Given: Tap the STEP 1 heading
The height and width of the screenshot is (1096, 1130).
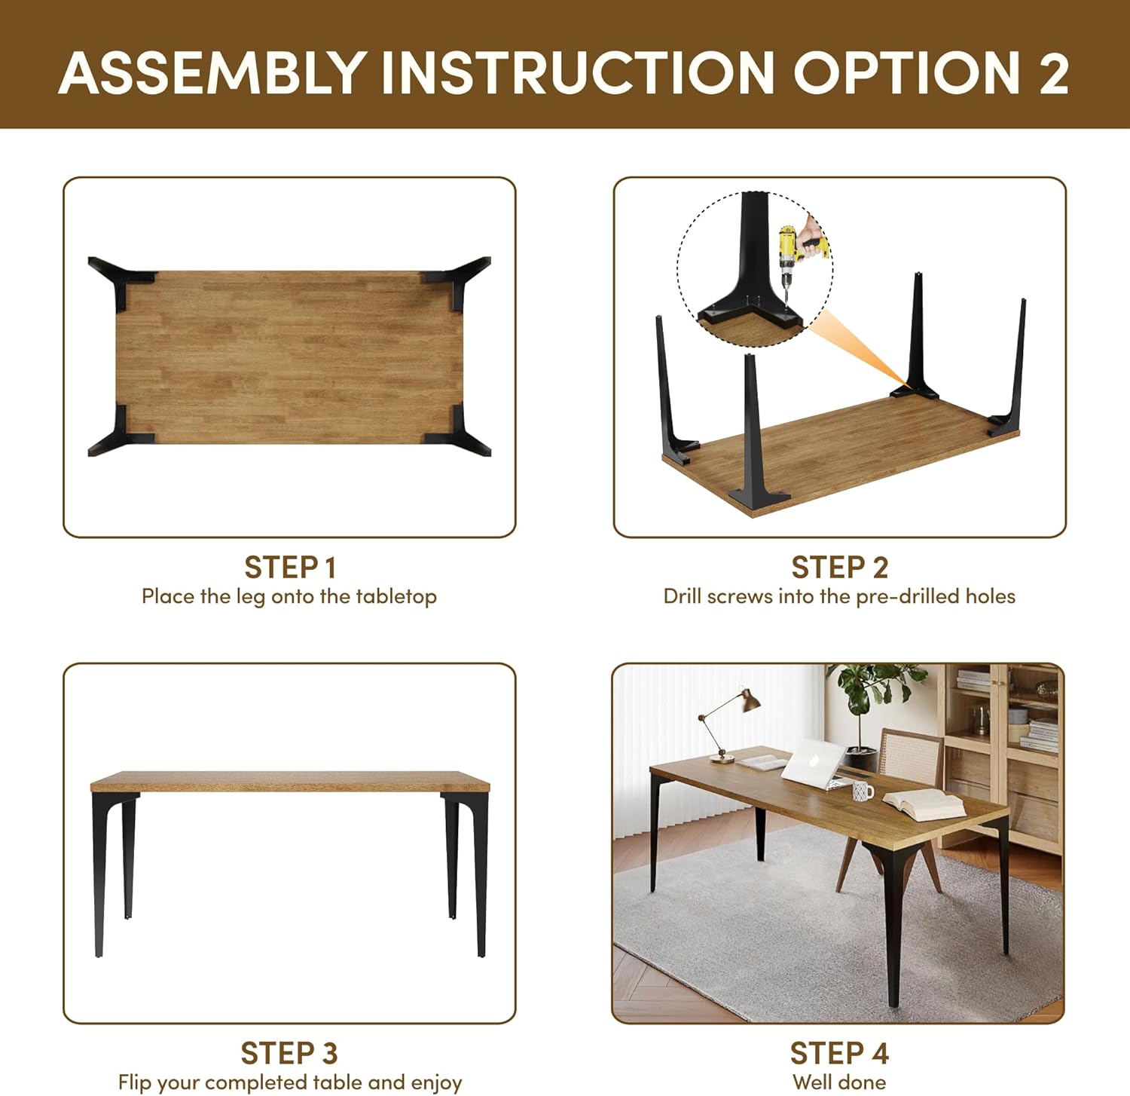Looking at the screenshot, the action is [290, 567].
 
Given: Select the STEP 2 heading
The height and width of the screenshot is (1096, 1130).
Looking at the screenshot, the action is [840, 567].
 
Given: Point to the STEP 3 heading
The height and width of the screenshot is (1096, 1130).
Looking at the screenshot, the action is [289, 1053].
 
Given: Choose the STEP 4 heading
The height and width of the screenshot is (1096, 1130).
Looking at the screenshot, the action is [840, 1053].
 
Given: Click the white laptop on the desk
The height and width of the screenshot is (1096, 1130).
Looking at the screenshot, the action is [817, 763].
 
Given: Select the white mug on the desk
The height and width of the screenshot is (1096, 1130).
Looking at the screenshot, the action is [863, 791].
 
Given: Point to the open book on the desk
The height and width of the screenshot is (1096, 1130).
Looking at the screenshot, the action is [923, 804].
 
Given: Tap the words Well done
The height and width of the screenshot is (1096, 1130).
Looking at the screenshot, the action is [839, 1082].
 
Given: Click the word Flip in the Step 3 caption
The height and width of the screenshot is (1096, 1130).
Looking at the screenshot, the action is [135, 1083].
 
